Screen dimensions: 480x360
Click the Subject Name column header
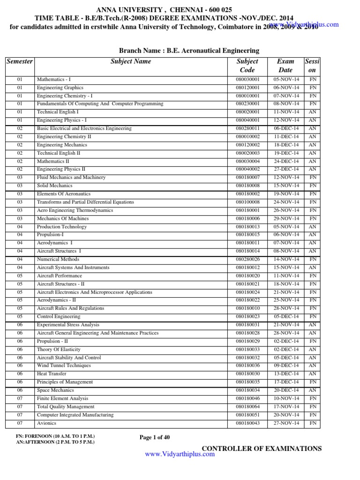coord(131,61)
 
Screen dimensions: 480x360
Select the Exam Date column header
coord(285,65)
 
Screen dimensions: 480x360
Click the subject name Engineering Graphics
coord(60,88)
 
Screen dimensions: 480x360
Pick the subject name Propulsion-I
coord(50,235)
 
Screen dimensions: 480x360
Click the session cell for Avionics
coord(313,423)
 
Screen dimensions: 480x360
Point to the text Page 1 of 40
coord(155,437)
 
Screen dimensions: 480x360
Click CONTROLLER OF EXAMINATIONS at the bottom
coord(262,449)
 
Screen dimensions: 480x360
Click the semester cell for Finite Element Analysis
coord(20,398)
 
